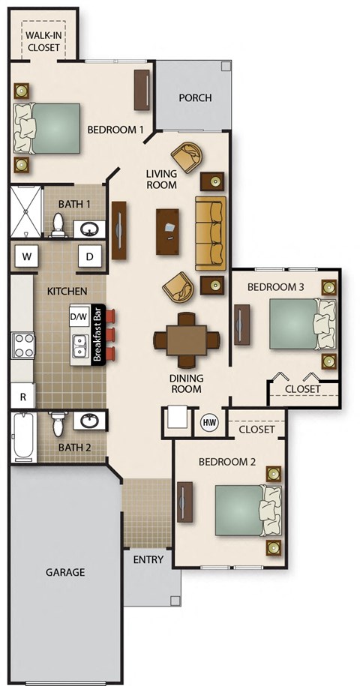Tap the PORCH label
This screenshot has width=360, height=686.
pos(194,98)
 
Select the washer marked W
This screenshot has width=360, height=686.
pos(27,256)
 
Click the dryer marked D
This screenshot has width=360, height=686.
pos(90,256)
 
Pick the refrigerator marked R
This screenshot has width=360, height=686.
pos(22,397)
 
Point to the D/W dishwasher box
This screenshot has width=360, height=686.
pos(79,316)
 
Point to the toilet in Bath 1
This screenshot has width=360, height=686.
pos(57,224)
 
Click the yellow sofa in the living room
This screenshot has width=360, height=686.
pos(210,232)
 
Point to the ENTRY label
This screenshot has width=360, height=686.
pos(148,560)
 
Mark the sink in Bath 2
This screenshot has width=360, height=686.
pos(89,421)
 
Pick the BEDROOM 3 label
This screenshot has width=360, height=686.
pos(275,287)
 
